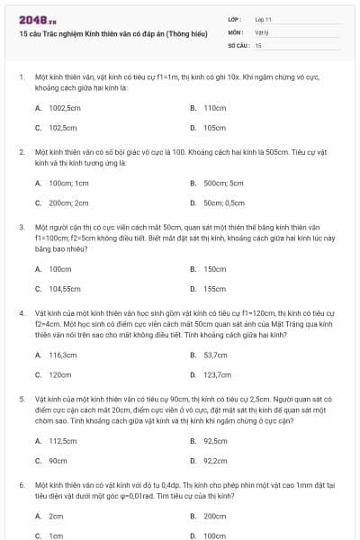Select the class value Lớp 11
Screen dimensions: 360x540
coord(264,19)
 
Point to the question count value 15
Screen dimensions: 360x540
coord(258,44)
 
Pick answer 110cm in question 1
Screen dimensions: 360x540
coord(214,107)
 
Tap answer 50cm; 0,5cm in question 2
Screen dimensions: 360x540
coord(220,202)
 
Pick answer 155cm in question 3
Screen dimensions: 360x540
coord(214,289)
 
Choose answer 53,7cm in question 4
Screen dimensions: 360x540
coord(216,355)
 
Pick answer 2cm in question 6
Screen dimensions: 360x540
coord(56,516)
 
